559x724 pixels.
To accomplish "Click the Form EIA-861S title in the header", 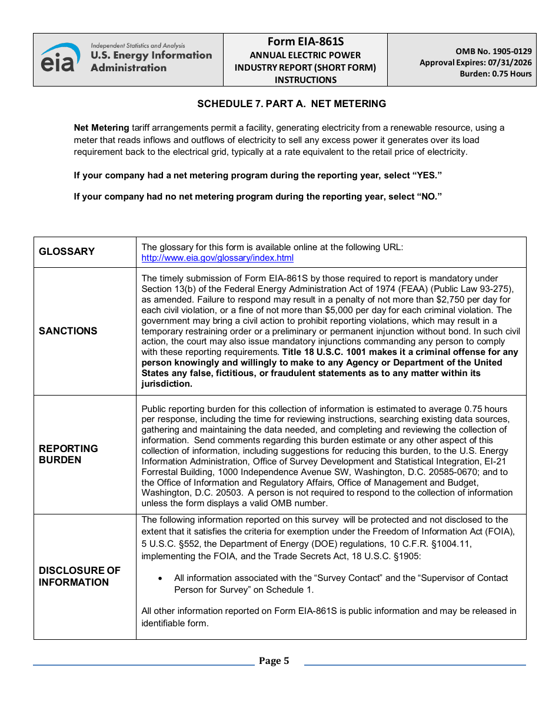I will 305,42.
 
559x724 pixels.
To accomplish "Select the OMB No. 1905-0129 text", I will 493,52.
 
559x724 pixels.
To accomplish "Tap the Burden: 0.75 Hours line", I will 495,74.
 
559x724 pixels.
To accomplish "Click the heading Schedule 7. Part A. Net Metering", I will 291,104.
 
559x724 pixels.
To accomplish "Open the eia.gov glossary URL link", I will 217,258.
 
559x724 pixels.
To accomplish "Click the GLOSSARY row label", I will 66,252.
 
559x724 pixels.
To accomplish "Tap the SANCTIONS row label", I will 68,331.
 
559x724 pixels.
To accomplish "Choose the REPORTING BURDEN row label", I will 68,454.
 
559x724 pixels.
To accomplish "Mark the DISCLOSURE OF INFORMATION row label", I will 79,576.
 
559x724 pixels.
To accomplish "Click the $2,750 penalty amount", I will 449,300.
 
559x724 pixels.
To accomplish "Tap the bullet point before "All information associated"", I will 161,579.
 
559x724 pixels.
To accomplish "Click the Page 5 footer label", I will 274,661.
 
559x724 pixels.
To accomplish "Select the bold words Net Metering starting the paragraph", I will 101,128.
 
